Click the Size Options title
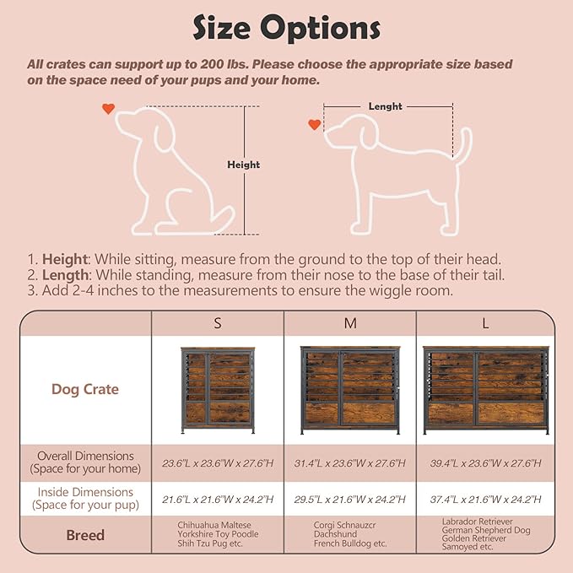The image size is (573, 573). [x=286, y=28]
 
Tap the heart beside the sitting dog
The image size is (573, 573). [x=108, y=109]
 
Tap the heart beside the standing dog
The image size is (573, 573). [x=314, y=125]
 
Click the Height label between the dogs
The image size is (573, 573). [x=244, y=165]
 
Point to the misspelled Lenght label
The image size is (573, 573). [x=385, y=106]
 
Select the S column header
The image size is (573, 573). [x=217, y=323]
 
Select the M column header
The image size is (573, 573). [x=349, y=323]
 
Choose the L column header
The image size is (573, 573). [x=486, y=323]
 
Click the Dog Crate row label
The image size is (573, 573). [x=85, y=389]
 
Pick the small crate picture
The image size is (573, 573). [x=217, y=390]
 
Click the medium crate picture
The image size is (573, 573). [x=349, y=390]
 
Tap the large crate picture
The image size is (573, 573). [x=485, y=390]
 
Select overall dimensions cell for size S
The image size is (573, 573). [x=217, y=462]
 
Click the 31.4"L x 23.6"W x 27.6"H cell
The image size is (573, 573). [x=349, y=462]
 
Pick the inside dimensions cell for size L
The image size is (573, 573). [x=485, y=499]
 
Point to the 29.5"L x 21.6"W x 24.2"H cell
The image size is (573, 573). [x=349, y=499]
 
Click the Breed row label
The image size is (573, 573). [x=85, y=535]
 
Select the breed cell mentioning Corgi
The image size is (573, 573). [x=349, y=534]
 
